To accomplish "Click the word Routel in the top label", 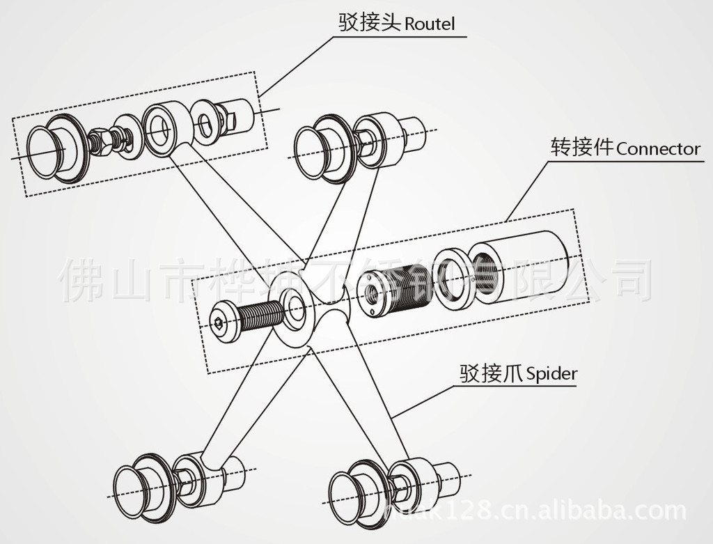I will tap(430, 24).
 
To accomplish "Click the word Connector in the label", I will tap(658, 149).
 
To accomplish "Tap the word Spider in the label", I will tap(552, 374).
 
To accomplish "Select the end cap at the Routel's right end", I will tap(236, 115).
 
